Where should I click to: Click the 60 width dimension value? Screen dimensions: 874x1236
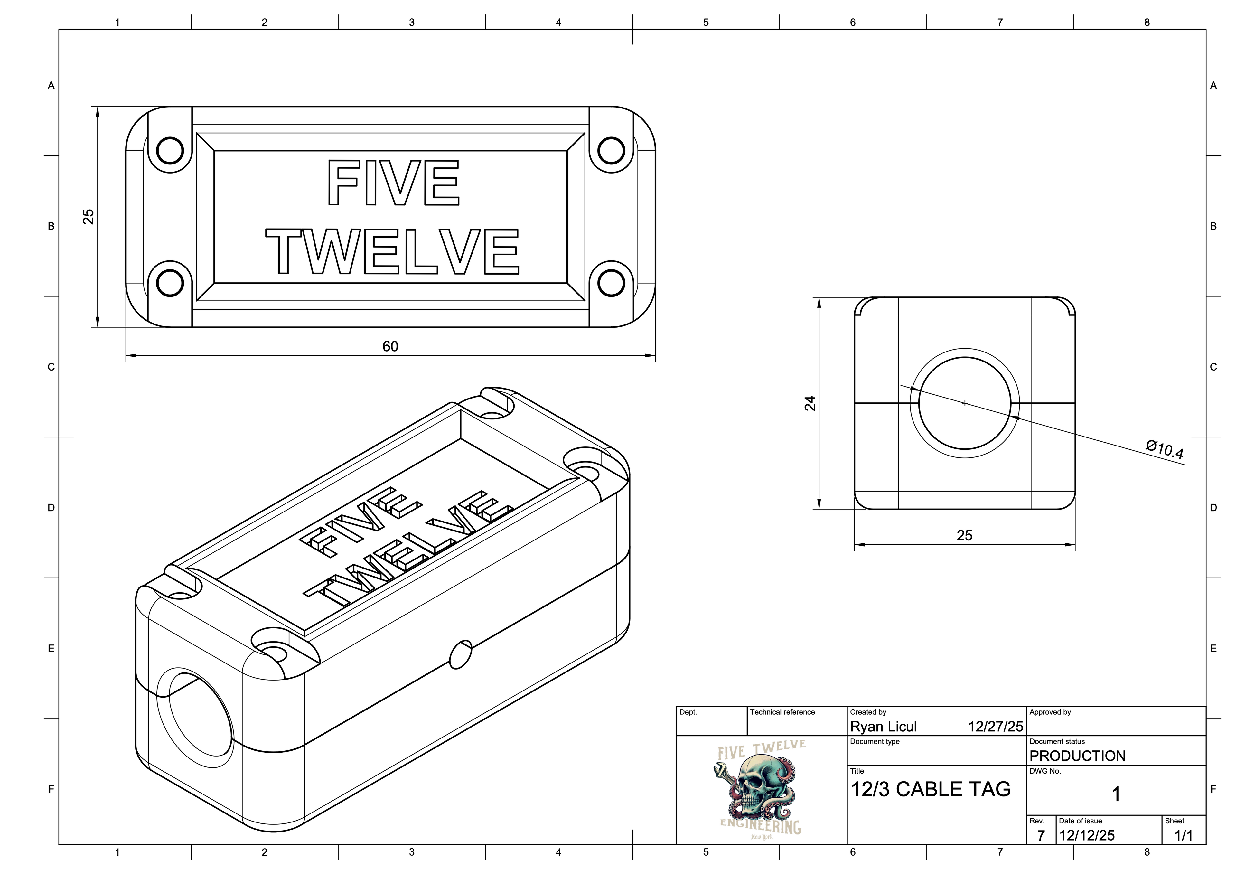390,346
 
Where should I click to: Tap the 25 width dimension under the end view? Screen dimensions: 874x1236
964,535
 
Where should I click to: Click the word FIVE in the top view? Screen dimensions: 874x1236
393,183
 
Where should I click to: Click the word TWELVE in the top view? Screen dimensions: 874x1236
392,251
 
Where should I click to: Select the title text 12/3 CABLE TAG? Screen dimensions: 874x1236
930,789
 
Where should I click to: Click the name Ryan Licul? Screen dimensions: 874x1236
883,727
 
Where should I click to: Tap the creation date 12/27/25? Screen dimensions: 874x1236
995,727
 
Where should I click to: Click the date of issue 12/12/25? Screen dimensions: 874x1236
1086,835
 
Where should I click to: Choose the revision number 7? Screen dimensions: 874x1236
1041,835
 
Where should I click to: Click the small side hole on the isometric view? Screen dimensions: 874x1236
460,654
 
